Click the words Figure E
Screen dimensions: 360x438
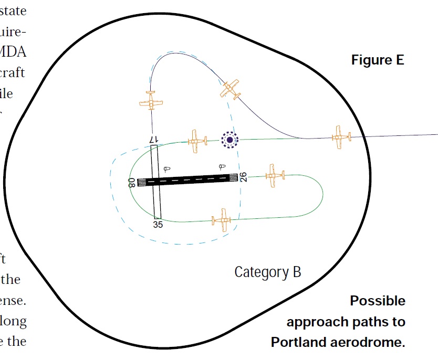pos(378,60)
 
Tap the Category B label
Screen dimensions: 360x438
pos(267,272)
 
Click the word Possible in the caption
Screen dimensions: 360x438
pos(378,301)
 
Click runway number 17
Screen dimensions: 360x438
pos(153,140)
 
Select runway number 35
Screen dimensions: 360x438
pos(158,225)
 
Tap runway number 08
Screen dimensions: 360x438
pos(132,182)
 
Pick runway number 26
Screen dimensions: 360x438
pos(243,177)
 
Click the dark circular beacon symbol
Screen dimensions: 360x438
pos(230,140)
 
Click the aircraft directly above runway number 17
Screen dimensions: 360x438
pos(151,100)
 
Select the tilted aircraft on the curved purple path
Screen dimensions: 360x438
pos(230,89)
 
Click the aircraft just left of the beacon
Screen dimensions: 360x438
pos(196,141)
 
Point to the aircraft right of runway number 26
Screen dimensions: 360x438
pos(273,175)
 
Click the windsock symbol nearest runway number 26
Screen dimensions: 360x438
pos(224,167)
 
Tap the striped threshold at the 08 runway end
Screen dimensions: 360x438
pos(141,182)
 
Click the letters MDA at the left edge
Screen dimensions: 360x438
pos(16,52)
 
